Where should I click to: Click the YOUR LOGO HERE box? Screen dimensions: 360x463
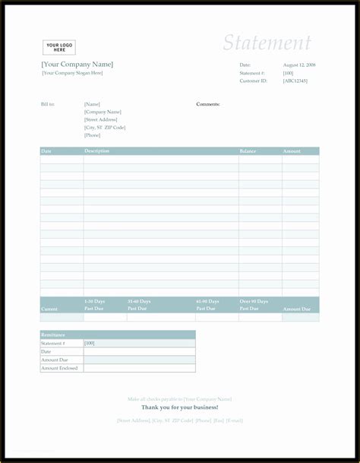(58, 47)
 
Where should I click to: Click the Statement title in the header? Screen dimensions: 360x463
(267, 43)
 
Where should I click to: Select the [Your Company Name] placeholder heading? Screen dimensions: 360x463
(77, 65)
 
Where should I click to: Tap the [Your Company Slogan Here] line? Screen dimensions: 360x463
(72, 73)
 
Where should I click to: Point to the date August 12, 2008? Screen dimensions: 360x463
(299, 65)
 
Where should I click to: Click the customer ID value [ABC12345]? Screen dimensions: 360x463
(295, 81)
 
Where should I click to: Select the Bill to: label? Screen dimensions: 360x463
(48, 104)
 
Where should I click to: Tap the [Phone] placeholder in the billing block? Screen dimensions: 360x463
(92, 135)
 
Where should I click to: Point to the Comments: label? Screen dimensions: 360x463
(208, 104)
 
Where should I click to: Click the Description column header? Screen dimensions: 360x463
(97, 151)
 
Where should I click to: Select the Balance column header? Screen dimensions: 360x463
(248, 151)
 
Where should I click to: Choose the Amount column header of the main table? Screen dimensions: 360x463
(292, 151)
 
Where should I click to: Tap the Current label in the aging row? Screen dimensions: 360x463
(49, 309)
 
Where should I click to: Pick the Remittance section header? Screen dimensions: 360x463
(52, 335)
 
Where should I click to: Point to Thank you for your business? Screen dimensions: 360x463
(179, 408)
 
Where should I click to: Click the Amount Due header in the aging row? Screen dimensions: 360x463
(296, 309)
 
